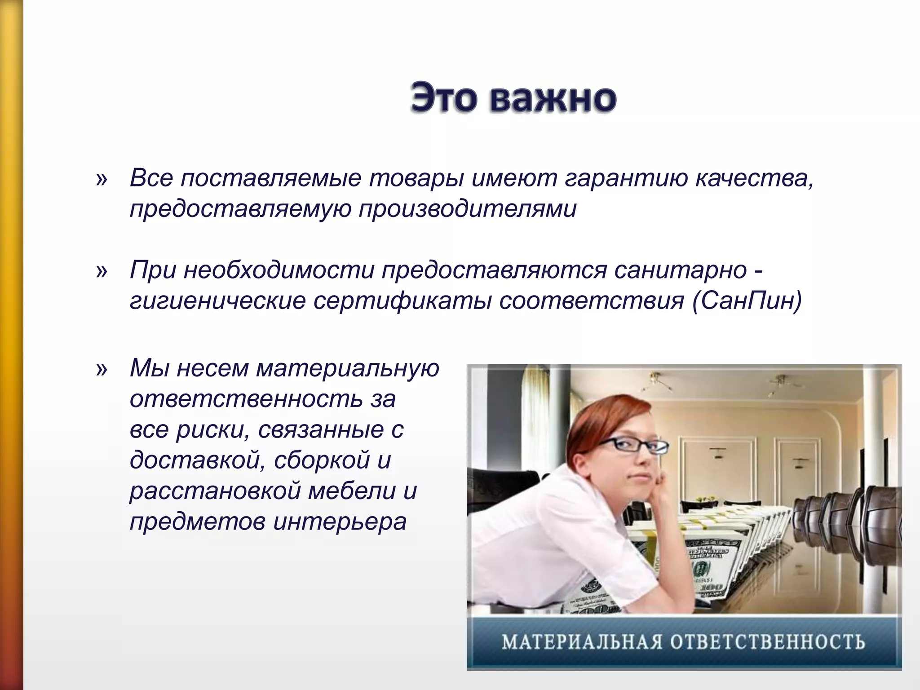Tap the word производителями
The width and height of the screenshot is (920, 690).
(x=467, y=209)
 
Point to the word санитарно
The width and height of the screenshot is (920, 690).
(x=681, y=270)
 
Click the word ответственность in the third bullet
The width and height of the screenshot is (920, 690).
(x=245, y=399)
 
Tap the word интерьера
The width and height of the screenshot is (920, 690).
(x=339, y=522)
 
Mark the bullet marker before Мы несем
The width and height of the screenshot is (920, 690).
(x=102, y=369)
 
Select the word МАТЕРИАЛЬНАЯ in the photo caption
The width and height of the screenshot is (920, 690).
(x=582, y=642)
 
